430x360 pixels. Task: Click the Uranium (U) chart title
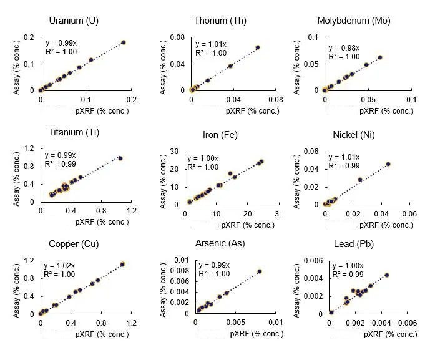tap(74, 21)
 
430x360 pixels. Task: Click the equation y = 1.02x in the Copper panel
tap(59, 265)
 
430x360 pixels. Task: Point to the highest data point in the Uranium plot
tap(124, 42)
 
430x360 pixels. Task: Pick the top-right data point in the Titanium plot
tap(120, 158)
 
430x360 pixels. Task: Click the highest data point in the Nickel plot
tap(388, 164)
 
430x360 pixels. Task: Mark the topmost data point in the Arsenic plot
tap(260, 271)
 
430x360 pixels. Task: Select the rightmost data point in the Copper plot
tap(122, 265)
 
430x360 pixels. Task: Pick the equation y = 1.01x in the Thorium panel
tap(209, 45)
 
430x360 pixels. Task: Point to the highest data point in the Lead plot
tap(387, 275)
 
